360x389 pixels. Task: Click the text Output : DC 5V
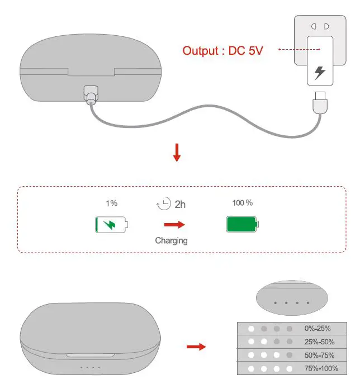tap(222, 50)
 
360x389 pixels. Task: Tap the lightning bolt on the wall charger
tap(320, 73)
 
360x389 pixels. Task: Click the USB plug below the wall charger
tap(320, 103)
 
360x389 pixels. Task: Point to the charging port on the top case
tap(89, 93)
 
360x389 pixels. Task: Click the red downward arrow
tap(177, 153)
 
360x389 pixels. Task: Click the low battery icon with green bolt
tap(111, 225)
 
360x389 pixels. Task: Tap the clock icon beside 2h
tap(163, 204)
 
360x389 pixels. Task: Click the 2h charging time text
tap(180, 205)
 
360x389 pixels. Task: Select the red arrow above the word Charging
tap(174, 225)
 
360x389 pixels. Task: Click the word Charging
tap(171, 241)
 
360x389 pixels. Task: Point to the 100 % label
tap(243, 202)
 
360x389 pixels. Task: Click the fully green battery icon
tap(243, 225)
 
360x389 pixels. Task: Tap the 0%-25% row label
tap(318, 329)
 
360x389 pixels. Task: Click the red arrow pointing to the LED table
tap(196, 347)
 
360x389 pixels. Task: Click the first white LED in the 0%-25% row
tap(252, 329)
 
